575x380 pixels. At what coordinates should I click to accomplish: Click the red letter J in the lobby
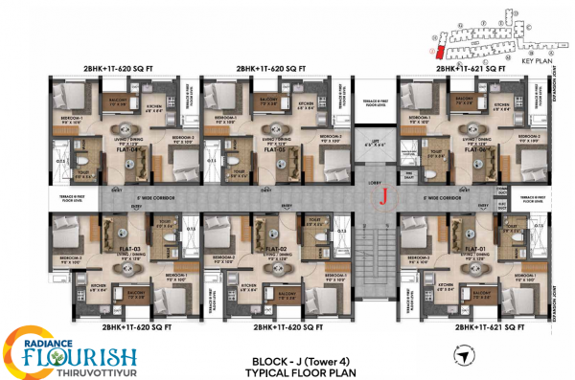coord(383,199)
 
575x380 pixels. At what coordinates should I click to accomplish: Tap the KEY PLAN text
coord(539,59)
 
